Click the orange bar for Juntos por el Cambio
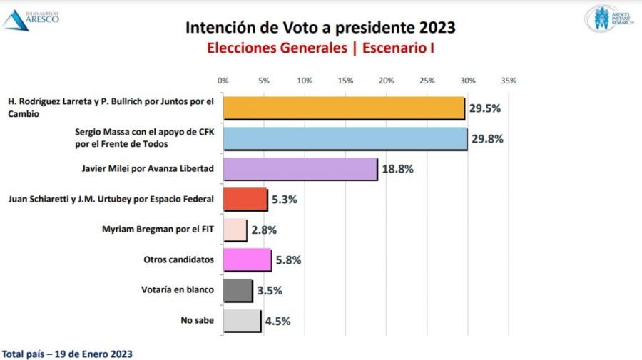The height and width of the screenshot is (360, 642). pos(344,108)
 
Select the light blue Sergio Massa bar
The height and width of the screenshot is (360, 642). pos(345,138)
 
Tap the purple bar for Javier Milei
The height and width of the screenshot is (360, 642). pos(300,169)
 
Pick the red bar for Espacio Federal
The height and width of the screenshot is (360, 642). pos(245,200)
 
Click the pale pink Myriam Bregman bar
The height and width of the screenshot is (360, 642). pos(235,230)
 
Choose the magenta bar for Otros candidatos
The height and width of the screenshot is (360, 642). pos(247,260)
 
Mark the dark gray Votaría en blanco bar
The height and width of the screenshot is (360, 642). pos(238,290)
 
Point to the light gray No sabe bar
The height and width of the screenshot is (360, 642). pos(242,321)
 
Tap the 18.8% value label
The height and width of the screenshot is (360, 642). pos(397,170)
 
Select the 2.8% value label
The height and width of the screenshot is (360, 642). pos(263,230)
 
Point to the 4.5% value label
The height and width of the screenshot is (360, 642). pos(277,322)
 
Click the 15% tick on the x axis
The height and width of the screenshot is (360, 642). pos(345,81)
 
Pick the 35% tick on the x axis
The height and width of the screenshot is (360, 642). pos(509,81)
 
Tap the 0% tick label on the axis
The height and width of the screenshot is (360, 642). pos(223,81)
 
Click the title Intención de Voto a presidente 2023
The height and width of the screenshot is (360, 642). pos(320,28)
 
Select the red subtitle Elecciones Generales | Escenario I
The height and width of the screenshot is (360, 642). pos(320,48)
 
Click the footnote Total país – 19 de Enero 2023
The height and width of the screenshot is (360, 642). pos(67,354)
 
